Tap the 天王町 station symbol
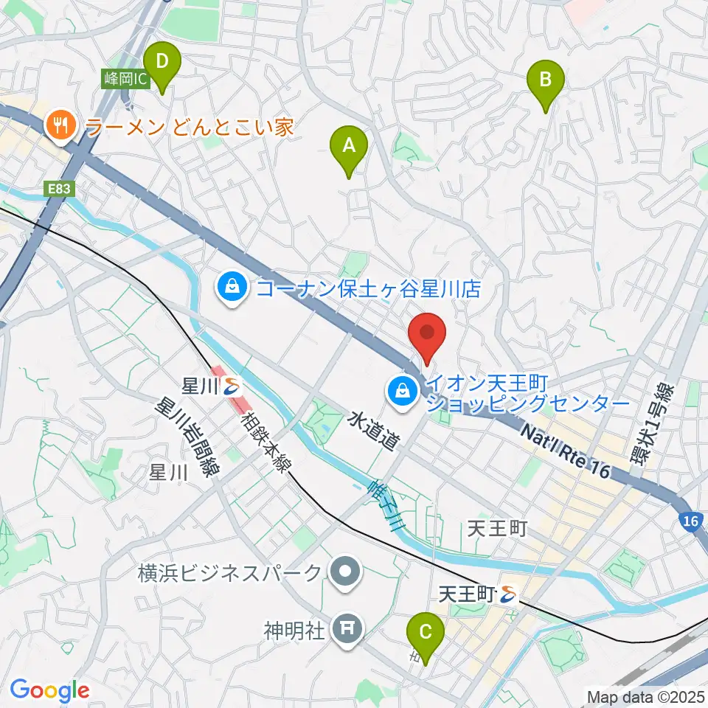(x=507, y=592)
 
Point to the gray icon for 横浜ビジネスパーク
(x=344, y=572)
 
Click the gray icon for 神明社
(x=344, y=628)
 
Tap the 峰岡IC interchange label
(x=122, y=77)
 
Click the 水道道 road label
(x=373, y=432)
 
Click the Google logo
(x=49, y=690)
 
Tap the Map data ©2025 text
(x=645, y=696)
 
